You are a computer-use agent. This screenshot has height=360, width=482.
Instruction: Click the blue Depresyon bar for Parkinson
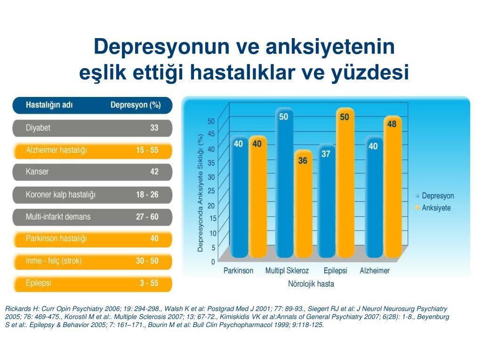tap(240, 197)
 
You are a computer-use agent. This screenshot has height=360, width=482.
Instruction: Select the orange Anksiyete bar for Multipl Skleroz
tap(304, 204)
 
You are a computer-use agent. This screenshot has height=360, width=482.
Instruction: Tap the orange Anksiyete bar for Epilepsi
tap(345, 183)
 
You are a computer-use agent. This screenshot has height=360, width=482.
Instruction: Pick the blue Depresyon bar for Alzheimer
tap(374, 197)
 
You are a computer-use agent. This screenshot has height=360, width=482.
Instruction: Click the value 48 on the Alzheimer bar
tap(392, 124)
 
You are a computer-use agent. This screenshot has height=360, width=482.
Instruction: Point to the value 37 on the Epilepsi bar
tap(326, 154)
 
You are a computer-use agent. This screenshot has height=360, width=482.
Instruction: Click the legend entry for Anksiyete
tap(433, 208)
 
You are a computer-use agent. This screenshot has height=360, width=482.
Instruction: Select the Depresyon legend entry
tap(434, 196)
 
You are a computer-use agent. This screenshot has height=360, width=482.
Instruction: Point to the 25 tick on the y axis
tap(211, 191)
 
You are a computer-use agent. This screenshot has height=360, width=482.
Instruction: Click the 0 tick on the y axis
tap(213, 262)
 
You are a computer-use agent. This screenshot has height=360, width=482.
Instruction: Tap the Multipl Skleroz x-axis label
tap(287, 271)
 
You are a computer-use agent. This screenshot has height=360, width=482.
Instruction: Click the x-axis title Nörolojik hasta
tap(311, 284)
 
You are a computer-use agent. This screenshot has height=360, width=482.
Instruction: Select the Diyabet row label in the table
tap(38, 128)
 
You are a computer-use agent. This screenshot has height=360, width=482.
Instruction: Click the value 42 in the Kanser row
tap(154, 172)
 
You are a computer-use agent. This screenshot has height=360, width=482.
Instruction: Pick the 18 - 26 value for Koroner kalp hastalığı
tap(147, 194)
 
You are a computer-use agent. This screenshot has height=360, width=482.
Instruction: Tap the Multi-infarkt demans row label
tap(58, 217)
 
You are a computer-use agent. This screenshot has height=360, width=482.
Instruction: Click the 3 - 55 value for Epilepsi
tap(149, 283)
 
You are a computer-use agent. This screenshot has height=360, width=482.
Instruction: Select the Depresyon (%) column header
tap(136, 105)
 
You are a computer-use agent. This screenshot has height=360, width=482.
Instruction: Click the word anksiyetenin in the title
tap(330, 47)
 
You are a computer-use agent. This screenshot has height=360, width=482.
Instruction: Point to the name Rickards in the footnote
tap(18, 309)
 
